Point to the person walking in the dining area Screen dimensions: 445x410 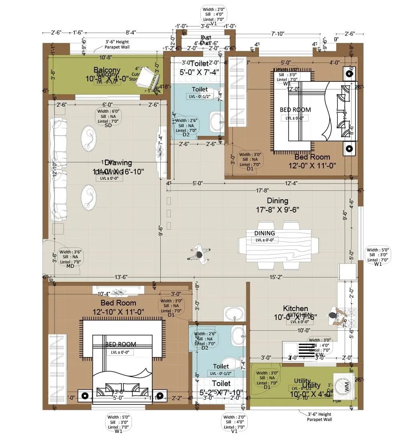(x=199, y=255)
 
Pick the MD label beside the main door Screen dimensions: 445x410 (x=70, y=266)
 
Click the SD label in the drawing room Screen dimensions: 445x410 (x=108, y=125)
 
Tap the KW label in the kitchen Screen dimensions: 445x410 (x=319, y=355)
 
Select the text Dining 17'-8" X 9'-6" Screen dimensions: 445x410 (x=277, y=205)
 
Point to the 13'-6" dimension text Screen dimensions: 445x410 (x=121, y=276)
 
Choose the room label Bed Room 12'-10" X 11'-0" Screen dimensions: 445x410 (x=118, y=307)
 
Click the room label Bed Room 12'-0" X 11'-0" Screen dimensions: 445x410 (x=312, y=161)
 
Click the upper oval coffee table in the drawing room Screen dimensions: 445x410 (x=89, y=138)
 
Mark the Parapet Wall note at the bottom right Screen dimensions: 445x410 (x=319, y=417)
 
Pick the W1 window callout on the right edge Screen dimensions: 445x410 (x=378, y=257)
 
